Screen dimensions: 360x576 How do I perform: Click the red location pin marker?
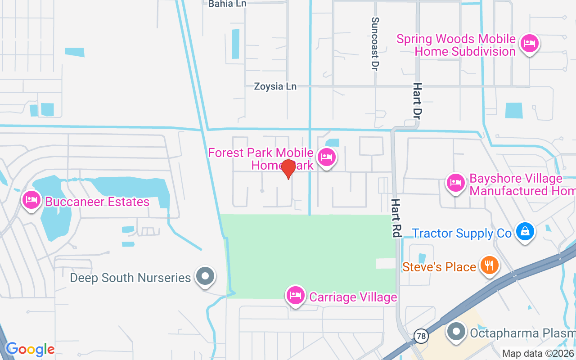[x=288, y=169]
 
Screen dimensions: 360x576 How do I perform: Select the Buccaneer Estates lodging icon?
[x=31, y=200]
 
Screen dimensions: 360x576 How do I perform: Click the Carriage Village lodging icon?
[x=295, y=296]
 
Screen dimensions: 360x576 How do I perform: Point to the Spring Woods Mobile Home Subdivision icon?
[x=530, y=44]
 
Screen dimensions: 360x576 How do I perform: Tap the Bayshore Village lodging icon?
[x=455, y=183]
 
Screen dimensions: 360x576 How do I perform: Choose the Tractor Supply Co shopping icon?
[x=525, y=232]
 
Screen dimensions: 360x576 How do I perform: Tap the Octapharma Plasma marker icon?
[x=456, y=332]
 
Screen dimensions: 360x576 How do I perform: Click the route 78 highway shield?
[x=421, y=336]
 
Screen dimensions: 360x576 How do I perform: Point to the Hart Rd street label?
[x=396, y=218]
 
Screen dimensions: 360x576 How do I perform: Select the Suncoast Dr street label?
[x=375, y=44]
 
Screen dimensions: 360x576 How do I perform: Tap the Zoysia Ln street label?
[x=275, y=86]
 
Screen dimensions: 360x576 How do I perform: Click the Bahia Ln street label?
[x=227, y=4]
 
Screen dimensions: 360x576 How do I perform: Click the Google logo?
[x=30, y=349]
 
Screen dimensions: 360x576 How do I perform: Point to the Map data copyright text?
[x=538, y=353]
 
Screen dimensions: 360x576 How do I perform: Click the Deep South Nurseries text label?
[x=130, y=278]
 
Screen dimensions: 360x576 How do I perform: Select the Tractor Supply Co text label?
[x=462, y=233]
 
